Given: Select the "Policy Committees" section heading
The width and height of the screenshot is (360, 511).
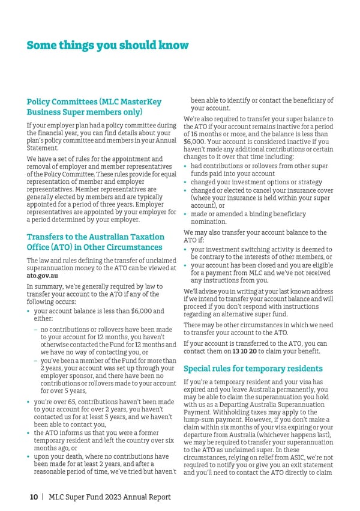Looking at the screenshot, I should coord(94,107).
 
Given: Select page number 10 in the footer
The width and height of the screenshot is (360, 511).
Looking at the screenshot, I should coord(35,497).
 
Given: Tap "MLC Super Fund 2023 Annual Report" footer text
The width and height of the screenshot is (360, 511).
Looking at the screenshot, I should coord(110,497).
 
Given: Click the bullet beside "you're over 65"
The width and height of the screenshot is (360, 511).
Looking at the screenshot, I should coord(28,402).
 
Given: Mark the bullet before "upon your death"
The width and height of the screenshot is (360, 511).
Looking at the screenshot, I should coord(28,457).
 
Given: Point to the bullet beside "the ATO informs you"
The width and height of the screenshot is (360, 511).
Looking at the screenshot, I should coord(28,432).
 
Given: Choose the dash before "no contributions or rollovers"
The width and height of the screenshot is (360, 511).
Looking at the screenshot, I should coord(37,330).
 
